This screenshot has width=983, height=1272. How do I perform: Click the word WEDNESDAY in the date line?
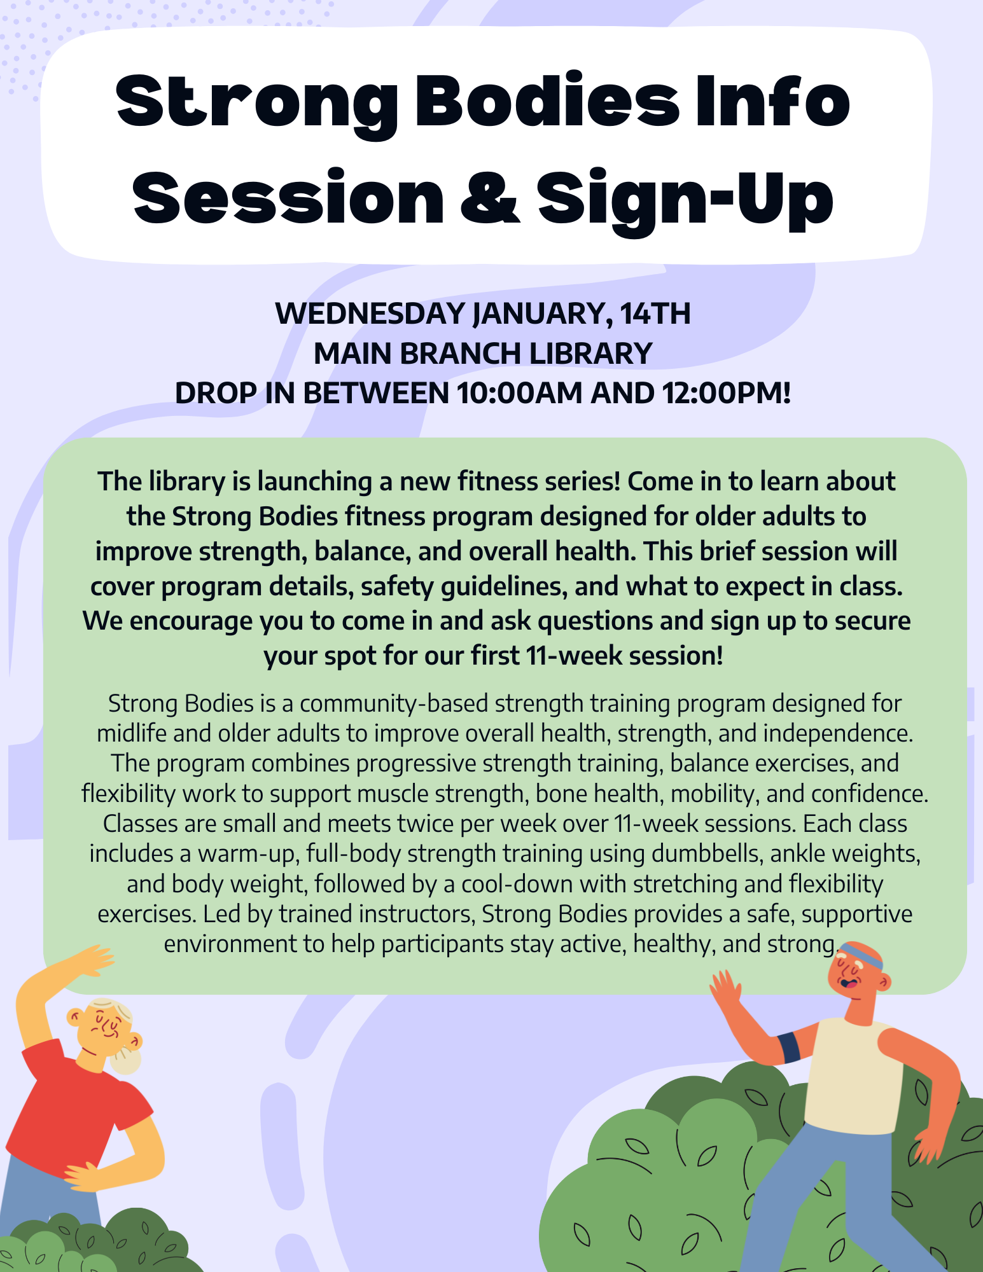point(370,314)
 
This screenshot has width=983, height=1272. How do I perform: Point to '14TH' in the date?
point(655,314)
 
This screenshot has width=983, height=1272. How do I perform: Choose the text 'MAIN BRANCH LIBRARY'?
point(484,354)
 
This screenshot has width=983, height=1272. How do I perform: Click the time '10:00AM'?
point(519,393)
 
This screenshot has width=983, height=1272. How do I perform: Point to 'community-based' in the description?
point(394,704)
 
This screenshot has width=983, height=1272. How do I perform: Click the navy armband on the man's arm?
point(789,1048)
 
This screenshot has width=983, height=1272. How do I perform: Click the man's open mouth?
point(848,983)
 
